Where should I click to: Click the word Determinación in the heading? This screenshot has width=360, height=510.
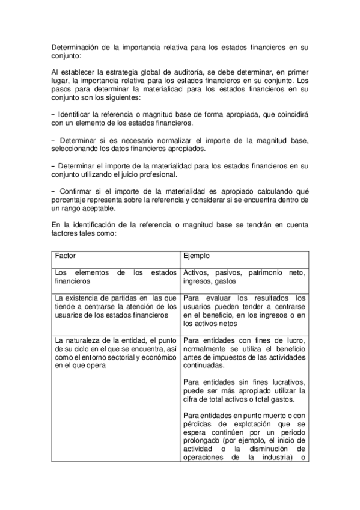73,46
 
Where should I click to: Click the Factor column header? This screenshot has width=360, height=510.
65,256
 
